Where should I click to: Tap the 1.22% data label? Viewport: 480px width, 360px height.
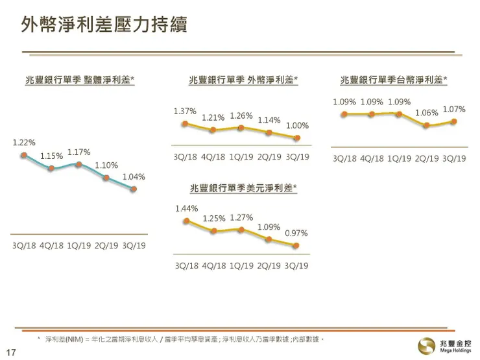pos(24,142)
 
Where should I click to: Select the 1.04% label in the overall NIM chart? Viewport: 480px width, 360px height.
pos(133,176)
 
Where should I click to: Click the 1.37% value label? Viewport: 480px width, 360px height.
pos(185,111)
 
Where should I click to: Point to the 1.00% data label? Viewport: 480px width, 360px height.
pos(297,125)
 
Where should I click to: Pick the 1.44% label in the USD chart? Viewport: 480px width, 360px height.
pos(186,209)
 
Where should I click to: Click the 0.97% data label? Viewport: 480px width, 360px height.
pos(296,233)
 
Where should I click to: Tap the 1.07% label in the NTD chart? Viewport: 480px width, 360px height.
pos(454,110)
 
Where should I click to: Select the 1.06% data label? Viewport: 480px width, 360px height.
pos(427,113)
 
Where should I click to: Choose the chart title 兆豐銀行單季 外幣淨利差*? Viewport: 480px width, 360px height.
pos(243,80)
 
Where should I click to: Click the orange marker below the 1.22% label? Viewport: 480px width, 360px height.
pos(23,155)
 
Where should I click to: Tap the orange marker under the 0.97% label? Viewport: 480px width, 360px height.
pos(296,245)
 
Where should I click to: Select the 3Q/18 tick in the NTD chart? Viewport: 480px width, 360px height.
pos(344,158)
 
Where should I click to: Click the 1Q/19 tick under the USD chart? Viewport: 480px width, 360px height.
pos(241,265)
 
